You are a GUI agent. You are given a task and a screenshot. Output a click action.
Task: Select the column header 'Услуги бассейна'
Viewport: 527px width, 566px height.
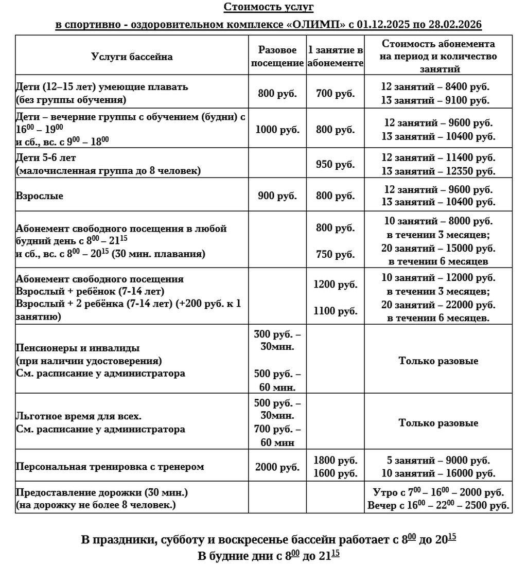pyautogui.click(x=132, y=57)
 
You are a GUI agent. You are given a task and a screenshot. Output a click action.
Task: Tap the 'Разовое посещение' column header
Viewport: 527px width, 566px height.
pyautogui.click(x=277, y=57)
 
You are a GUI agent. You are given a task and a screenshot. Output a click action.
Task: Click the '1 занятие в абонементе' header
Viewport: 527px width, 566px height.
pyautogui.click(x=336, y=57)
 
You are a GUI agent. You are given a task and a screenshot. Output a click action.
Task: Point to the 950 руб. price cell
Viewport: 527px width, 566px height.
pyautogui.click(x=336, y=164)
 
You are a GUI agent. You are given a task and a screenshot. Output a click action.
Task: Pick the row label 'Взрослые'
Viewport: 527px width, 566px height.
pyautogui.click(x=40, y=196)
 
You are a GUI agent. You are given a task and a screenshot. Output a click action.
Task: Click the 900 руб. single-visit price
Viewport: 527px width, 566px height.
pyautogui.click(x=277, y=196)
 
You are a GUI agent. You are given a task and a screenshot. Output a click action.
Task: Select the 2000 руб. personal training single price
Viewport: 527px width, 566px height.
pyautogui.click(x=277, y=467)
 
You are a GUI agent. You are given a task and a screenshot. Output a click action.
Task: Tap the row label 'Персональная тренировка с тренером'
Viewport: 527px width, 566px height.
pyautogui.click(x=110, y=467)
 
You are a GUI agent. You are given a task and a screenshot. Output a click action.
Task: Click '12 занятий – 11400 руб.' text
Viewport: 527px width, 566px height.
pyautogui.click(x=438, y=157)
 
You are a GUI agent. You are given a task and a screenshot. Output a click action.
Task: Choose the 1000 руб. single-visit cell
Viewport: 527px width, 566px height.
pyautogui.click(x=277, y=130)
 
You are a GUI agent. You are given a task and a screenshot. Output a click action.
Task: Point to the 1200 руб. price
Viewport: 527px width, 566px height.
pyautogui.click(x=336, y=284)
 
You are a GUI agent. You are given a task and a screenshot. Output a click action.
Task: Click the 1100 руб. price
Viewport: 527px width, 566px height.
pyautogui.click(x=336, y=311)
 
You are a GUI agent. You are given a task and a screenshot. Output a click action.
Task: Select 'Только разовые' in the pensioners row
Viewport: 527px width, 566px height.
pyautogui.click(x=438, y=361)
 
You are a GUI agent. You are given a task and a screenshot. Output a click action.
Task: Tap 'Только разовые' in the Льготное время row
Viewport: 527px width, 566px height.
pyautogui.click(x=438, y=423)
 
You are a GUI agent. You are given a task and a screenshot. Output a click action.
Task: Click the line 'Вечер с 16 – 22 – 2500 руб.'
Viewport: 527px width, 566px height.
pyautogui.click(x=438, y=505)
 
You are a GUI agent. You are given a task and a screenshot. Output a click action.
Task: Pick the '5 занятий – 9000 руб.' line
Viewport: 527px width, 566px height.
pyautogui.click(x=438, y=460)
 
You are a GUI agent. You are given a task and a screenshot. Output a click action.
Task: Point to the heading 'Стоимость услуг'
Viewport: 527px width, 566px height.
pyautogui.click(x=268, y=7)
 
